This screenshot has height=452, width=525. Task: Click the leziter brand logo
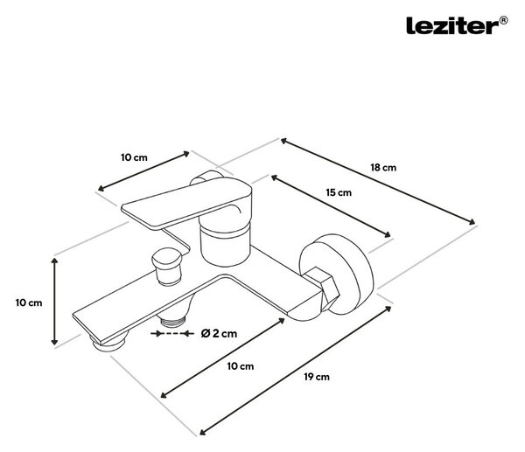click(457, 25)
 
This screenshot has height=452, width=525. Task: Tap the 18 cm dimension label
click(383, 167)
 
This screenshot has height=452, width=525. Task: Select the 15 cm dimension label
click(339, 192)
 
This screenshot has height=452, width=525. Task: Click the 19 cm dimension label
click(317, 377)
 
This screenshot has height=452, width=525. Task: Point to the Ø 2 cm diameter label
click(219, 333)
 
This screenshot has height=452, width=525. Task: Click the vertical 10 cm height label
click(29, 302)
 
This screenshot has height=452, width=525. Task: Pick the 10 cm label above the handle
click(134, 157)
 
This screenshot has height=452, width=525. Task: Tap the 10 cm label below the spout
click(241, 366)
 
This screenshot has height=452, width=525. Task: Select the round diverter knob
click(167, 266)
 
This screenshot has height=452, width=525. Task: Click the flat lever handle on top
click(186, 204)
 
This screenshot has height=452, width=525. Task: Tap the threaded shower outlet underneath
click(172, 322)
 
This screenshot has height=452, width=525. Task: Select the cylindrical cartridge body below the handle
click(225, 244)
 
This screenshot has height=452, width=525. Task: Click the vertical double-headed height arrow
click(54, 302)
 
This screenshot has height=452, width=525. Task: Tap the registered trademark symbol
click(503, 21)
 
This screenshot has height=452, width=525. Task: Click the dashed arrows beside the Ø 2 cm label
click(172, 334)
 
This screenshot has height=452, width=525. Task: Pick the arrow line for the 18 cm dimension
click(378, 181)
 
